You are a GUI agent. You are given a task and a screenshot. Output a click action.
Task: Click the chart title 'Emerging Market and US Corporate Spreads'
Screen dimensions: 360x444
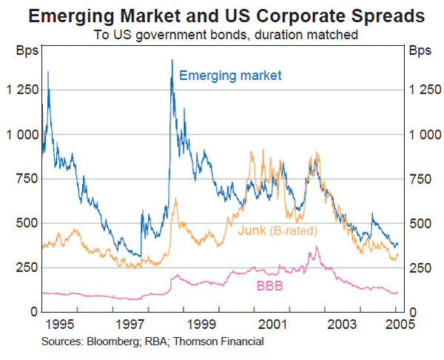pos(222,16)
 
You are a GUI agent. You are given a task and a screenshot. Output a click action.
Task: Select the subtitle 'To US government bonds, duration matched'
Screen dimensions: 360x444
pos(221,34)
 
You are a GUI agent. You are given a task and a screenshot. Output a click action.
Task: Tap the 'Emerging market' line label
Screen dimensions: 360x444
pos(230,75)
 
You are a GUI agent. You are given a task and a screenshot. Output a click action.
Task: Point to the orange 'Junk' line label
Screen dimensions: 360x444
pos(252,231)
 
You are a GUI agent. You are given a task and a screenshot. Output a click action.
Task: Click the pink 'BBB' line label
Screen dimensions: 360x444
pos(269,285)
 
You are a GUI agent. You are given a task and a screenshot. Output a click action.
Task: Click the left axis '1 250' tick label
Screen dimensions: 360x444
pos(21,90)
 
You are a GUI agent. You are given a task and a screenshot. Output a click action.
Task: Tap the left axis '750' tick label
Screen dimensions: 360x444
pos(27,179)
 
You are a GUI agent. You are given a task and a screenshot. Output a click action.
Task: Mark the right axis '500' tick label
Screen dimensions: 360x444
pos(417,223)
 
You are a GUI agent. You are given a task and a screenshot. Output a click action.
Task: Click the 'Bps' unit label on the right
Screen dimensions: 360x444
pos(419,52)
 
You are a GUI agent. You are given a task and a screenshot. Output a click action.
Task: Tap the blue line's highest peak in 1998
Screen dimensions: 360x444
pos(172,60)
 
